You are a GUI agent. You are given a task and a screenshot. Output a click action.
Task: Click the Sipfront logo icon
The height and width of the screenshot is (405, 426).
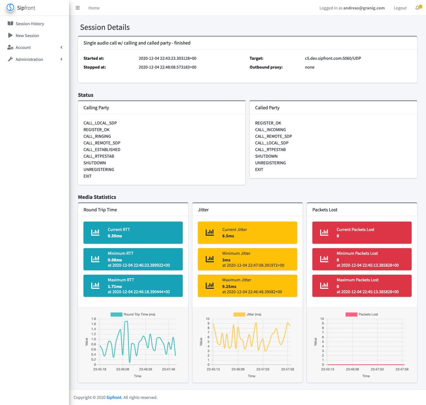coord(10,7)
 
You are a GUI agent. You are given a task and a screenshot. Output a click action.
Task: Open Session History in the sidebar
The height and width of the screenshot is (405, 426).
coord(30,24)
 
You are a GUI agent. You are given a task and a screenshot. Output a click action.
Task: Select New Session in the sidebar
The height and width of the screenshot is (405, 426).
coord(27,36)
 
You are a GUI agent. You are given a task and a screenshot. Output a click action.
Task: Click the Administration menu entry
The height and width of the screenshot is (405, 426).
coord(29,59)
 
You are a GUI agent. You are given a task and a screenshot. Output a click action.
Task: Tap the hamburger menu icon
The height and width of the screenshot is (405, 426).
coord(78,8)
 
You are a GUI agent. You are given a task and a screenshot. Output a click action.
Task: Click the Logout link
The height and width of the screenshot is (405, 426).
coord(400,8)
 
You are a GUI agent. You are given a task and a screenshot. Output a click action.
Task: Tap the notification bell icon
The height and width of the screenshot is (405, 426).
coord(417,8)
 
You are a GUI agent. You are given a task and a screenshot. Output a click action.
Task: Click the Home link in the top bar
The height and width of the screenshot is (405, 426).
coord(94,8)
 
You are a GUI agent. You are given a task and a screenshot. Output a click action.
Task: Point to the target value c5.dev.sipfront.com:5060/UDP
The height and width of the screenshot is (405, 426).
coord(333,58)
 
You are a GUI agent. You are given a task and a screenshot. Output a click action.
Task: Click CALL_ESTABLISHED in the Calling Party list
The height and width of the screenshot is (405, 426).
coord(102,150)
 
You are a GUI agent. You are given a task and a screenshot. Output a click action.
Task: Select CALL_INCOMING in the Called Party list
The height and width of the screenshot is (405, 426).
coord(270,130)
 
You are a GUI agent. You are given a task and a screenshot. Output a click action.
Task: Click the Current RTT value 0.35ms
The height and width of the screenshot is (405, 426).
coord(115,236)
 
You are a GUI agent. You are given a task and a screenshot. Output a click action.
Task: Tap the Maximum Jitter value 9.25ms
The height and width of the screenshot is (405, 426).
coord(229,286)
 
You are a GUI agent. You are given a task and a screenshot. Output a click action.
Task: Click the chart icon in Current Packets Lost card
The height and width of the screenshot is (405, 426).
coord(324,232)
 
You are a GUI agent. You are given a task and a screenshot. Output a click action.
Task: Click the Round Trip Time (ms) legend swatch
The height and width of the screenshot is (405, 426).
coord(116,314)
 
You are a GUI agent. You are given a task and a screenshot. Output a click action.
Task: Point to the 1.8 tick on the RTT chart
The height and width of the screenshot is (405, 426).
coord(93,319)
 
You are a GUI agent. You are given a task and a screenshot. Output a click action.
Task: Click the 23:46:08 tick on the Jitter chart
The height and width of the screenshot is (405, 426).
coord(238,369)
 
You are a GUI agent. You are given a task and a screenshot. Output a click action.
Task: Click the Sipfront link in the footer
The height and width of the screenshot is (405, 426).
coord(114,398)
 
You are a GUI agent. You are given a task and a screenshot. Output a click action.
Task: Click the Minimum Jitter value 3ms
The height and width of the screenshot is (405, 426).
coord(226,260)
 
